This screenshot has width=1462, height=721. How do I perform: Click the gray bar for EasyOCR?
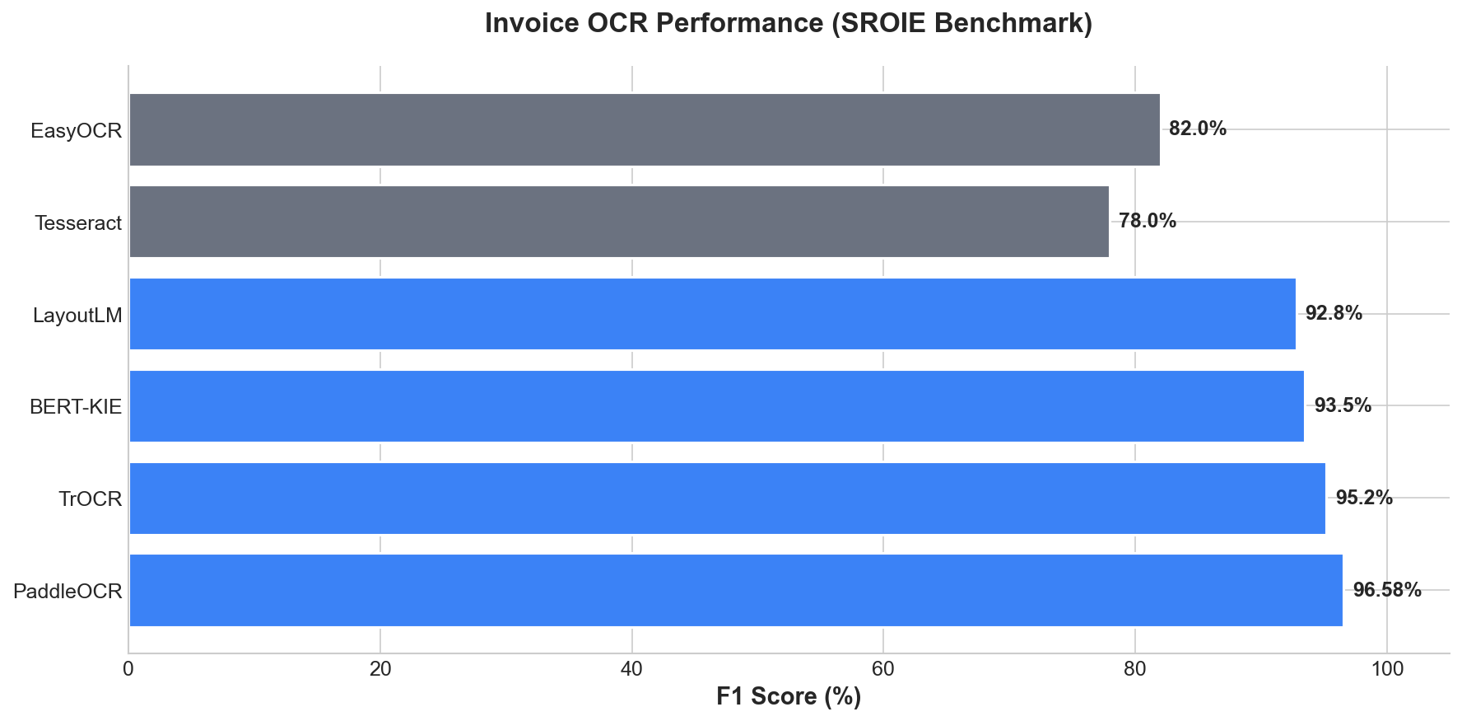[x=645, y=129]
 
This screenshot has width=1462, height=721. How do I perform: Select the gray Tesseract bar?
[x=619, y=222]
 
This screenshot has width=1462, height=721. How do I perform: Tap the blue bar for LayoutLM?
[x=712, y=314]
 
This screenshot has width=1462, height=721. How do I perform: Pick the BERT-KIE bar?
[x=716, y=406]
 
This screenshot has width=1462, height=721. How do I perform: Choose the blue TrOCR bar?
[x=727, y=499]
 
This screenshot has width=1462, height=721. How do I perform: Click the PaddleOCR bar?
[x=736, y=591]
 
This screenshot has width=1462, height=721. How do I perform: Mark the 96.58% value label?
[x=1387, y=590]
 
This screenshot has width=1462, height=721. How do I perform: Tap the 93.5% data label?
[x=1342, y=405]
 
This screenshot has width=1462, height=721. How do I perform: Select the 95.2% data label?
[x=1363, y=498]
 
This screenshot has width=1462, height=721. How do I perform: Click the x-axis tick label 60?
[x=883, y=670]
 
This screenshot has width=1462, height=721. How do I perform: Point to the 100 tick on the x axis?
[x=1387, y=670]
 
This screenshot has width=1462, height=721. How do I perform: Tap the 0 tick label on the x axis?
[x=129, y=670]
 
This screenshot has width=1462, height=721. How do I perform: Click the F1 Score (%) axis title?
[x=789, y=697]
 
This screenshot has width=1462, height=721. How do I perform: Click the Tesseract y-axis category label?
[x=78, y=222]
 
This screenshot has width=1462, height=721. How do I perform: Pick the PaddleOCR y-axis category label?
[x=68, y=592]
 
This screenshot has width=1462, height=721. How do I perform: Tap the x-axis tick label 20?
[x=380, y=670]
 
